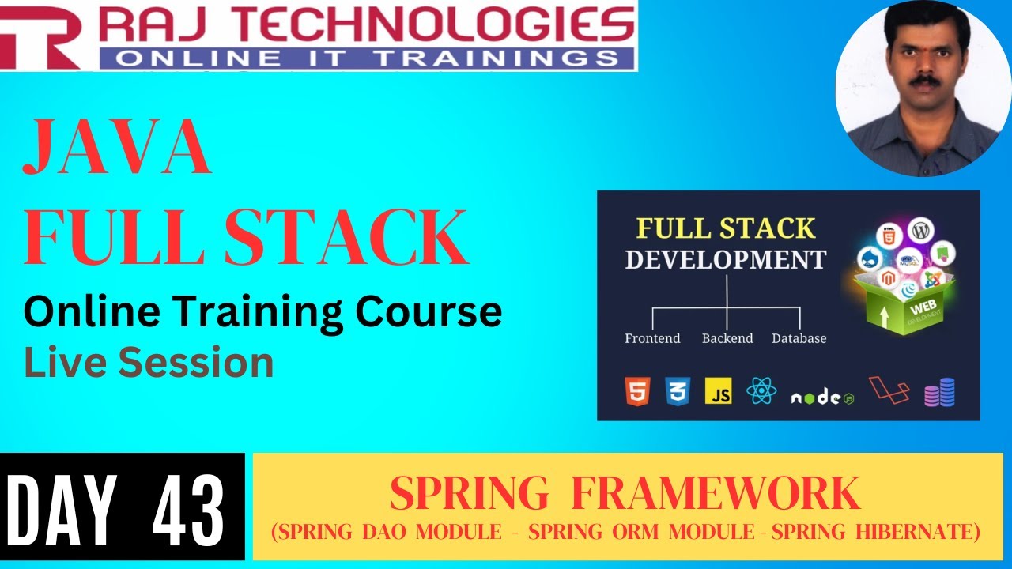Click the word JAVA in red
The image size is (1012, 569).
117,149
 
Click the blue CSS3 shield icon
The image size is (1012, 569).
678,391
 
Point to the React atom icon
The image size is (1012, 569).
761,390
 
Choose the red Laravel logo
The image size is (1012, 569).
889,390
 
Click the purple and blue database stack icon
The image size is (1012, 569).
939,391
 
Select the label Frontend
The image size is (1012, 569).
652,338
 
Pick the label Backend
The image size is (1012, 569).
726,338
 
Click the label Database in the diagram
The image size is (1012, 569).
799,338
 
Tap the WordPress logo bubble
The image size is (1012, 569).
919,231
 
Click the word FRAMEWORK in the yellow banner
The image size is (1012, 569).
715,494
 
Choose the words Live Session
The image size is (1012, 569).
149,363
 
